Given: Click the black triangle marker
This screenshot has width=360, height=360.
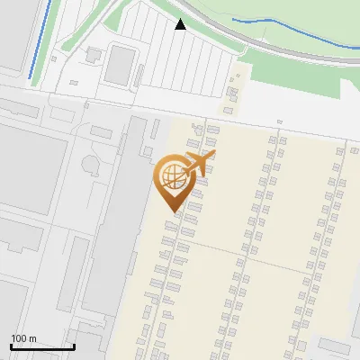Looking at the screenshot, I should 181,24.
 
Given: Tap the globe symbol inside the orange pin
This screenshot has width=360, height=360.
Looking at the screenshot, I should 170,177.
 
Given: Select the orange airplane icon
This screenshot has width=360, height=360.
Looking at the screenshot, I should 198,164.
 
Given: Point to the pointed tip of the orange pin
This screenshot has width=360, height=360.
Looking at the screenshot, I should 171,211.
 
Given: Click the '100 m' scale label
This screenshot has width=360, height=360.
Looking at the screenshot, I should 23,338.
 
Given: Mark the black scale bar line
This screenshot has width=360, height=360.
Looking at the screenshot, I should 42,346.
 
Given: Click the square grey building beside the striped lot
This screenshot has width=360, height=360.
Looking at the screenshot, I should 120,65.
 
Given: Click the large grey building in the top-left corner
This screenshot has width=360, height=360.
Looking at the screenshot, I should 13,36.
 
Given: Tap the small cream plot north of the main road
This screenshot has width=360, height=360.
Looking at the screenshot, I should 235,90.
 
